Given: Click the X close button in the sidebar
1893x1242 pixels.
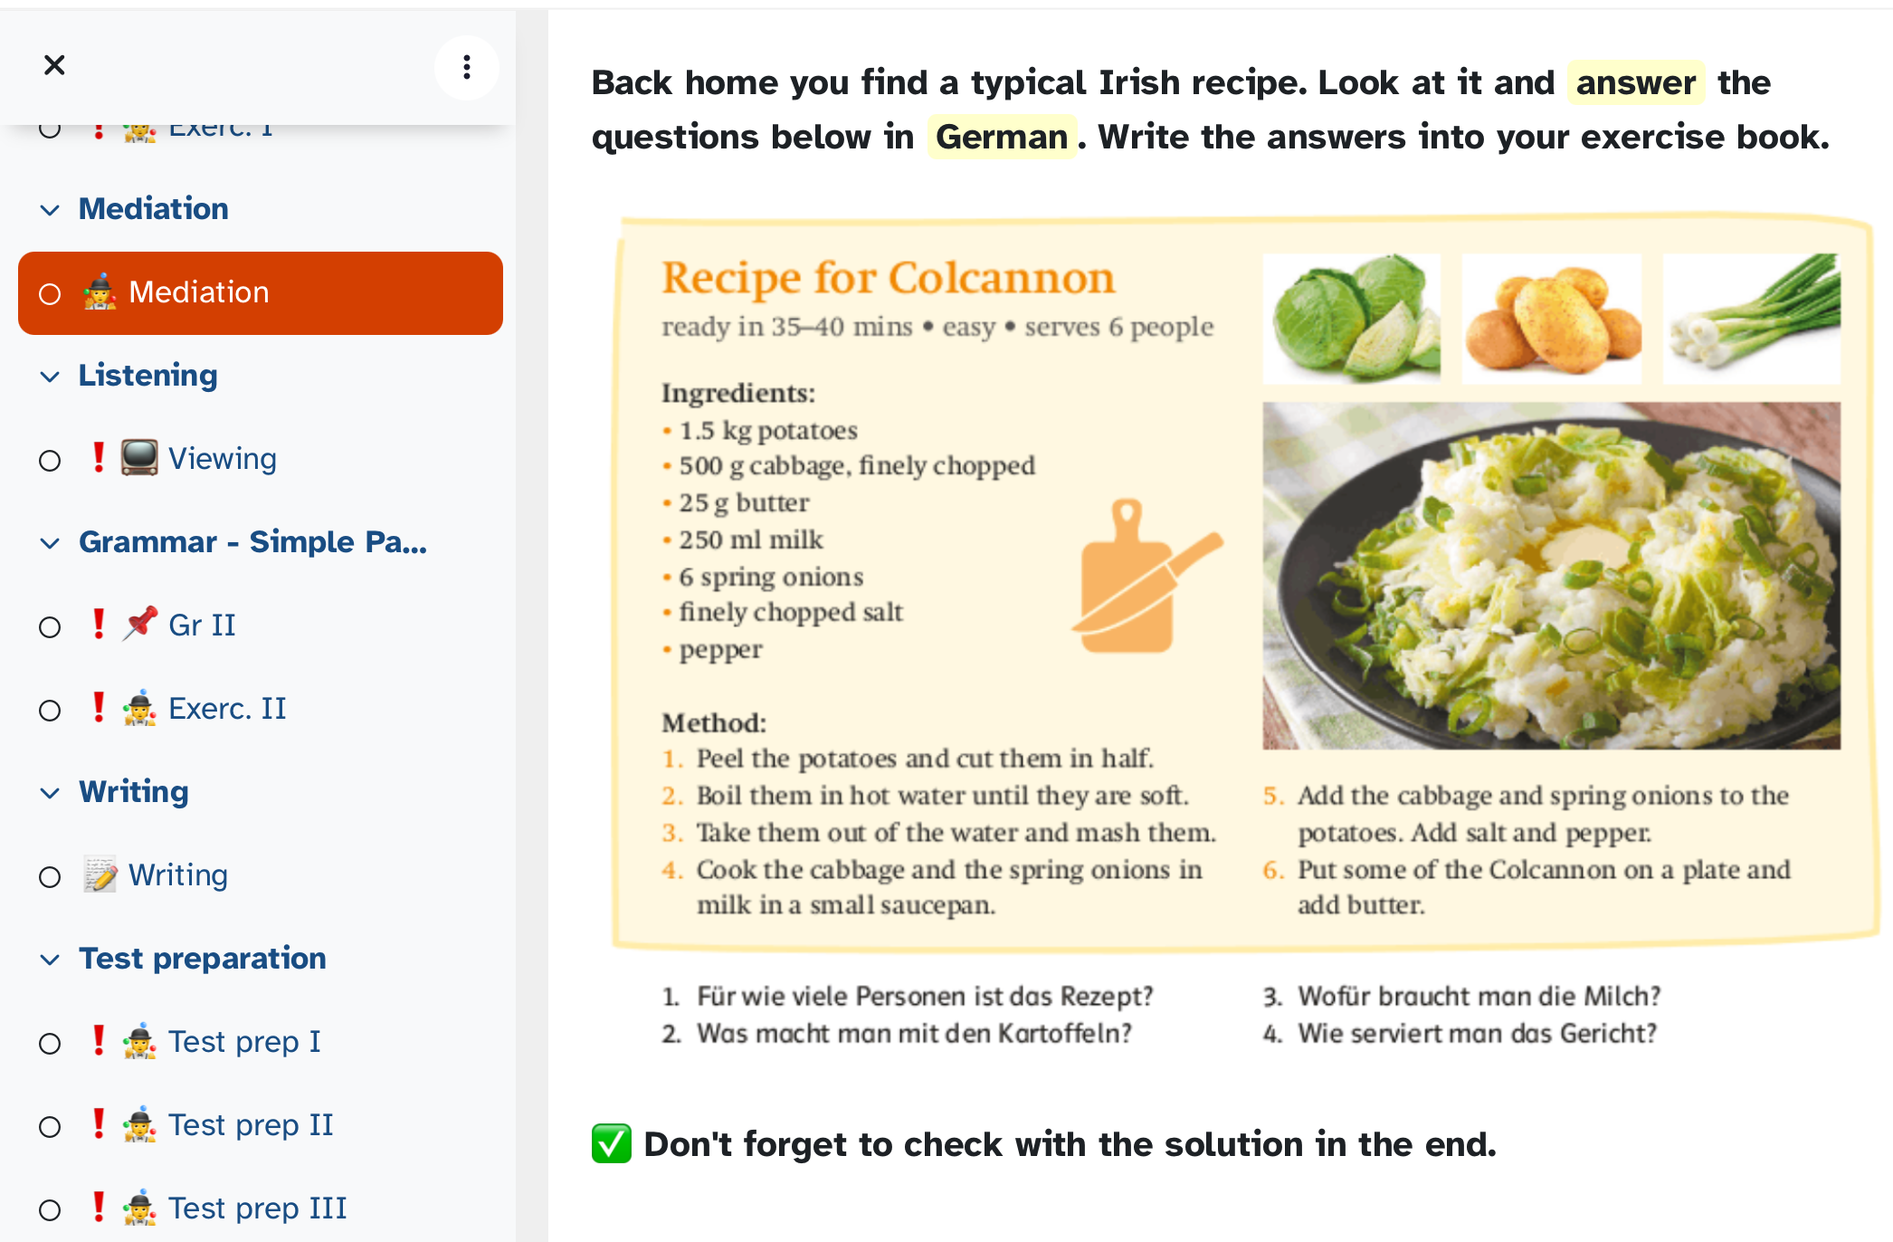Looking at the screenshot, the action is point(54,65).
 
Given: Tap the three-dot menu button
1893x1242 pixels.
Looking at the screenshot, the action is point(467,67).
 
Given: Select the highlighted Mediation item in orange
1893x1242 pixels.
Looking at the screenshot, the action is point(261,293).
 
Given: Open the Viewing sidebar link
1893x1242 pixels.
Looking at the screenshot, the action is point(222,459).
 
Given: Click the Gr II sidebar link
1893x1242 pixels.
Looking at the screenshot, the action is point(202,626).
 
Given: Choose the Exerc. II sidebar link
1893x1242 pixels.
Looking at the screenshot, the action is point(227,709).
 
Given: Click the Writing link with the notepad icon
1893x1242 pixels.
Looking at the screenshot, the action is point(177,875).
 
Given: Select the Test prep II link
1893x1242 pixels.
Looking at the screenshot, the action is point(251,1125).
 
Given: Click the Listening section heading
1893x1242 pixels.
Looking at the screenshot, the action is point(147,376).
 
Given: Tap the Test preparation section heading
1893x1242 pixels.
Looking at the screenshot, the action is point(203,959).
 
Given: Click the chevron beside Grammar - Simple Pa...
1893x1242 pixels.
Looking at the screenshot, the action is point(50,543).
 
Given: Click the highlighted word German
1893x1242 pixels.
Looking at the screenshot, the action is point(1002,137).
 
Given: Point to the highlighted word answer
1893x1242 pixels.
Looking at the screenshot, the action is point(1636,82).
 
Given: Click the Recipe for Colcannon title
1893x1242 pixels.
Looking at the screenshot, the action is point(888,277).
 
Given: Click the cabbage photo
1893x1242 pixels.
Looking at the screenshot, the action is point(1352,319).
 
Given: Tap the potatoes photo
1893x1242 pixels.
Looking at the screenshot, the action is point(1551,319).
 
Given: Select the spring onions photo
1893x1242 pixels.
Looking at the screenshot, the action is point(1752,319).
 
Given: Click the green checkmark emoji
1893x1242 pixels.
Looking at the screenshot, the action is point(612,1144).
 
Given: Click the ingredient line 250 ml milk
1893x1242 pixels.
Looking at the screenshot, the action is point(751,540).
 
